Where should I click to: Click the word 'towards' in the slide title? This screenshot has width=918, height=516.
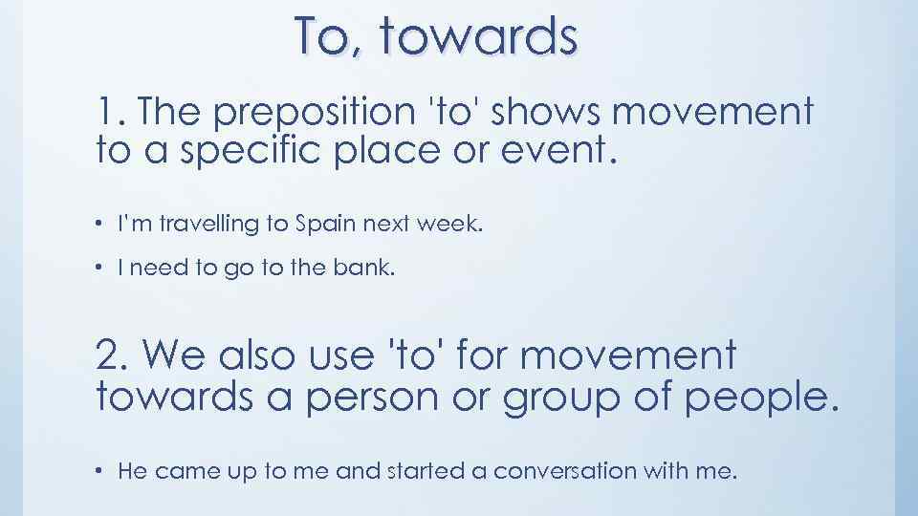(478, 38)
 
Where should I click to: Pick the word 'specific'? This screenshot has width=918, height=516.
(254, 151)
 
